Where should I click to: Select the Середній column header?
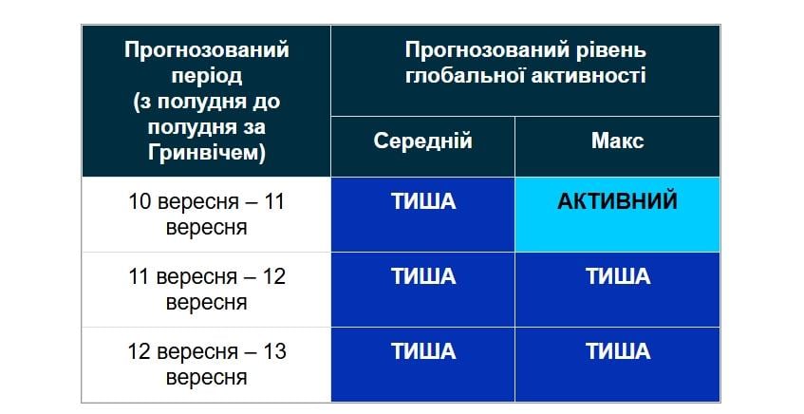tap(422, 141)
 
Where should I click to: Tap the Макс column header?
tap(617, 141)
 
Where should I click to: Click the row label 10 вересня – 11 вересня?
tap(206, 215)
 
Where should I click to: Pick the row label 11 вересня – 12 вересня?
tap(206, 290)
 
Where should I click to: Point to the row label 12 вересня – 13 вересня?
tap(206, 364)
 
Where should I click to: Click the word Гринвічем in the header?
tap(206, 151)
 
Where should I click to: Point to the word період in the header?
tap(206, 75)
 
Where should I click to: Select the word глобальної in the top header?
tap(466, 75)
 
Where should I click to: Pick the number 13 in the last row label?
tap(273, 351)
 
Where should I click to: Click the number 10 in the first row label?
tap(140, 201)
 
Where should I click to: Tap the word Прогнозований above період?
tap(206, 49)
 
